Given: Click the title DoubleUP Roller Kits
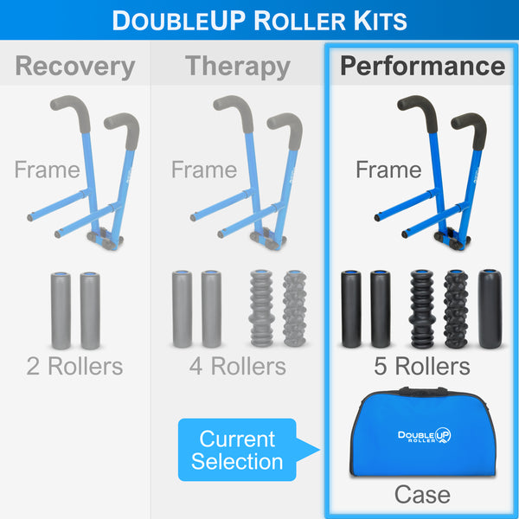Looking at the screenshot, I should tap(259, 21).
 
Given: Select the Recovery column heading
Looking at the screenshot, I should tap(75, 66).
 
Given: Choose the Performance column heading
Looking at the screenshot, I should tap(422, 66).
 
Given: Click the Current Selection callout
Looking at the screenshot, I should tap(237, 450).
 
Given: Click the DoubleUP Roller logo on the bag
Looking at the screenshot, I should tap(424, 435).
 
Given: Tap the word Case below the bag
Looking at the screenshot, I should tap(422, 495).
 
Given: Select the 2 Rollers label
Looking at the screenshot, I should tap(75, 366).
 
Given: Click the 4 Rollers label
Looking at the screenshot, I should tap(237, 366).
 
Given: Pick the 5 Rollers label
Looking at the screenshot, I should tap(422, 366).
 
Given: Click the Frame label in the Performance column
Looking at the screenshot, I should tap(388, 170).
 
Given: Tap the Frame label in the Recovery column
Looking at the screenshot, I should tap(47, 170).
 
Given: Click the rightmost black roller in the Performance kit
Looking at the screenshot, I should tap(489, 309).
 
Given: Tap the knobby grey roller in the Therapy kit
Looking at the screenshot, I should tap(295, 309).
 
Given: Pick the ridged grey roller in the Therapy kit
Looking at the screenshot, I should tap(262, 309).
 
